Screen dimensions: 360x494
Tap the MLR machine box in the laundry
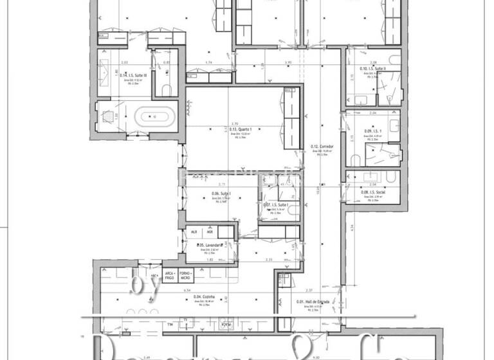pyautogui.click(x=192, y=232)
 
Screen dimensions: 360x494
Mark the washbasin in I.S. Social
pyautogui.click(x=372, y=175)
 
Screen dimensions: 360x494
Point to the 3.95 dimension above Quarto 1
pyautogui.click(x=289, y=63)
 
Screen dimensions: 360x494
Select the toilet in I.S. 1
pyautogui.click(x=355, y=158)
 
